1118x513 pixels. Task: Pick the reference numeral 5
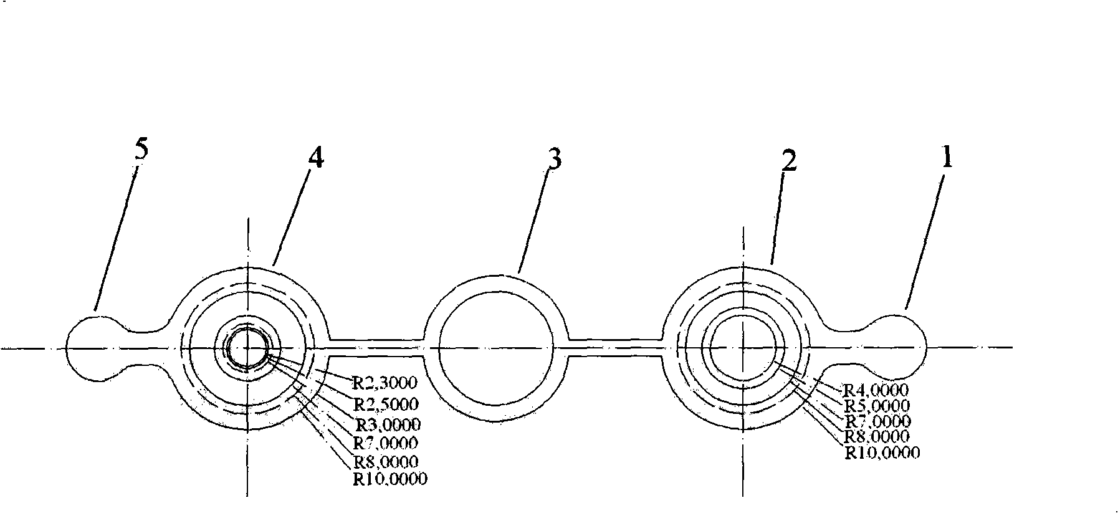(141, 151)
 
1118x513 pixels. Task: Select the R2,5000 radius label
(385, 404)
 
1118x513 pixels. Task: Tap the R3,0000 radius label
(388, 425)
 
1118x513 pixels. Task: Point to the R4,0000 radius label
(875, 390)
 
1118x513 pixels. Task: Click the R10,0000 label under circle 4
(390, 479)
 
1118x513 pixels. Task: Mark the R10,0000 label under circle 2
(882, 453)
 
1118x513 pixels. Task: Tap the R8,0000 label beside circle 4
(385, 462)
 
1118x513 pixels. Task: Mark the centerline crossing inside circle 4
(248, 348)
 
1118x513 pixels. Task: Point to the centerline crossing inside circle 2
(743, 347)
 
